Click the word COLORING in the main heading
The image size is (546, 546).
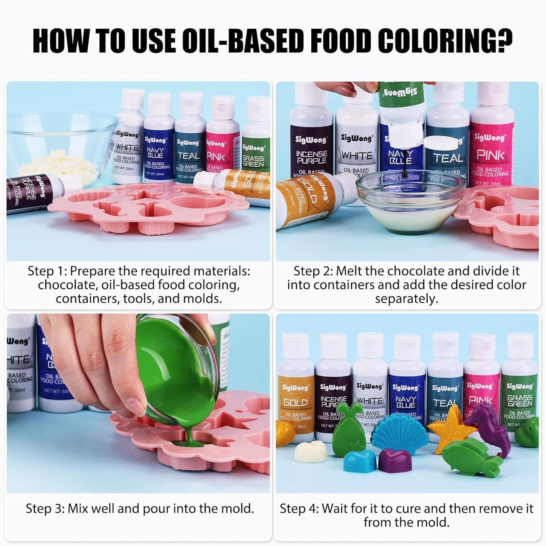(445, 42)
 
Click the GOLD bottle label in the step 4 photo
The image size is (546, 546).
(296, 403)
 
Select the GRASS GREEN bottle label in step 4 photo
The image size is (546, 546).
(520, 401)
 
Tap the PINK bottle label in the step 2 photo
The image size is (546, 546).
(490, 155)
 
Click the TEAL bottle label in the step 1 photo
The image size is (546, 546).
(189, 156)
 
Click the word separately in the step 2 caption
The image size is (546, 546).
(407, 299)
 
